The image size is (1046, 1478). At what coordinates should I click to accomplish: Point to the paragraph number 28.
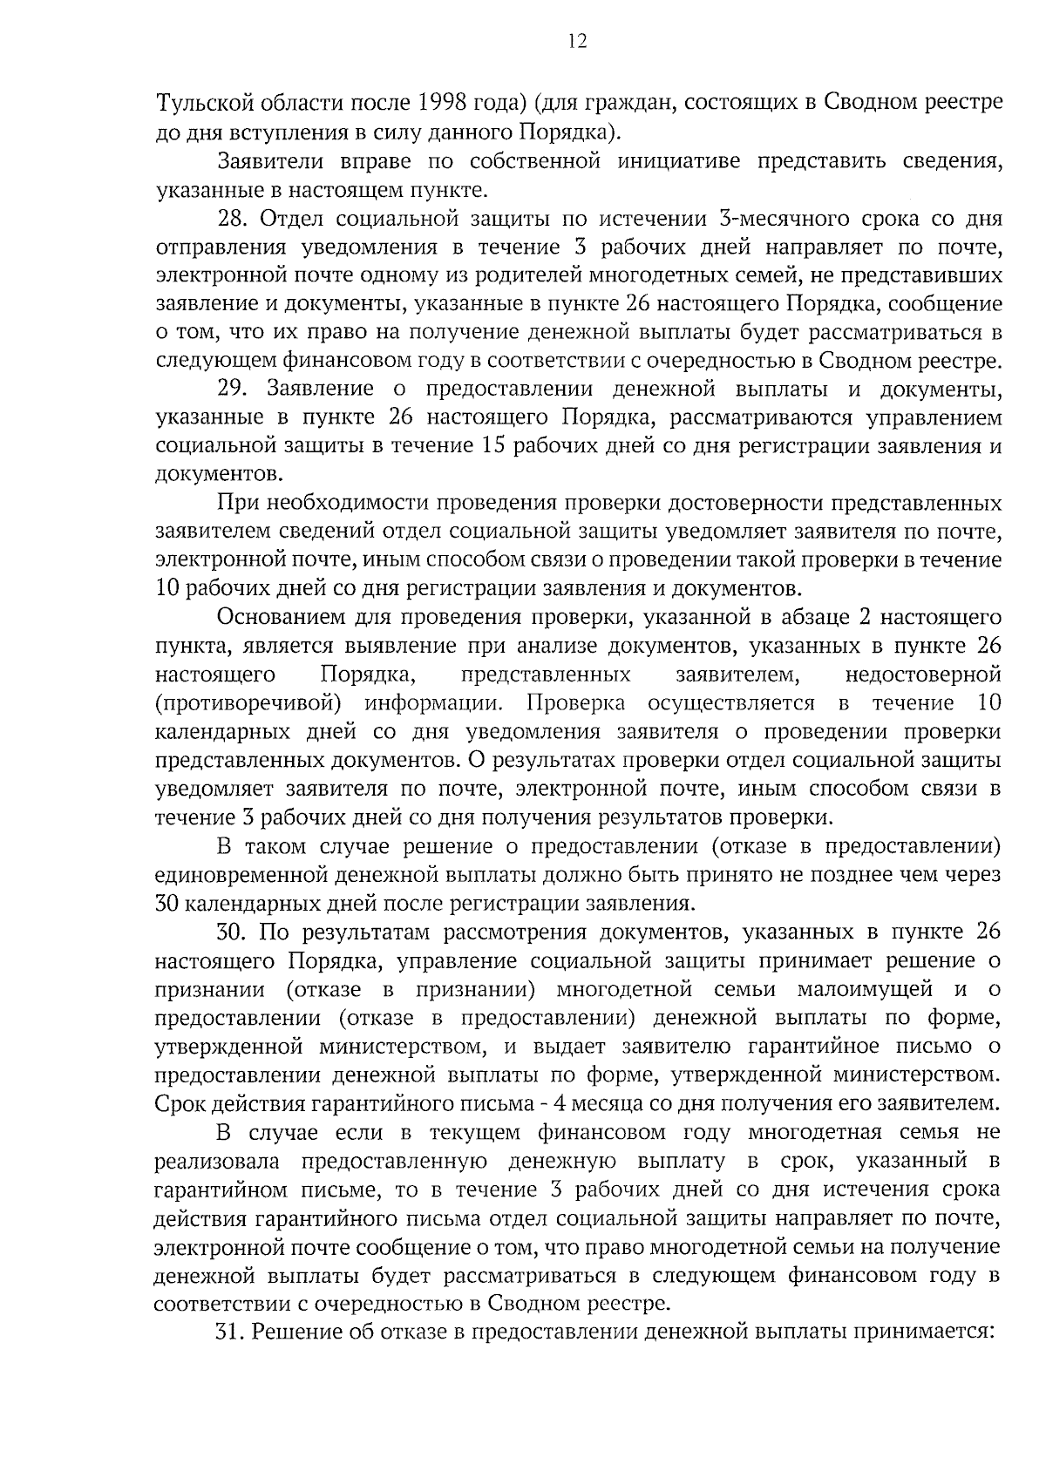pyautogui.click(x=233, y=219)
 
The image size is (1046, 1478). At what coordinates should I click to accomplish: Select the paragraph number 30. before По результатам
pyautogui.click(x=233, y=932)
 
